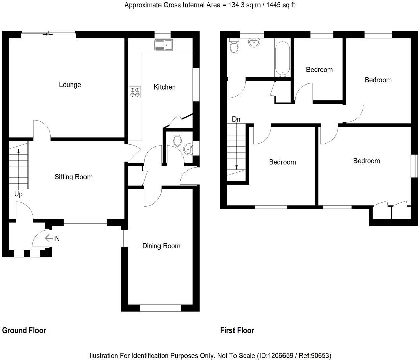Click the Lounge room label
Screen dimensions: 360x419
tap(70, 85)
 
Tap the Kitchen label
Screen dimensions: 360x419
tap(165, 87)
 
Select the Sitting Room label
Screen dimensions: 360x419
tap(74, 177)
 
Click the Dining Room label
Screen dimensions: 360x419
tap(161, 246)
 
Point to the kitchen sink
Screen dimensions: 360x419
tap(164, 45)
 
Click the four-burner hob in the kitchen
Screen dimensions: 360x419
tap(135, 92)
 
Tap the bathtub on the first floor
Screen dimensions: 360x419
tap(282, 58)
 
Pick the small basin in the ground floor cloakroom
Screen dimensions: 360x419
tap(188, 148)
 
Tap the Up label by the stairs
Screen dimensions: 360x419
tap(18, 194)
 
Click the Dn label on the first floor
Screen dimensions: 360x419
tap(236, 119)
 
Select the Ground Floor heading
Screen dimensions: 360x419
tap(24, 330)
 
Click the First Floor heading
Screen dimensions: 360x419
tap(237, 330)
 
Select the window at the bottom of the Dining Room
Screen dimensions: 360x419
tap(161, 308)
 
